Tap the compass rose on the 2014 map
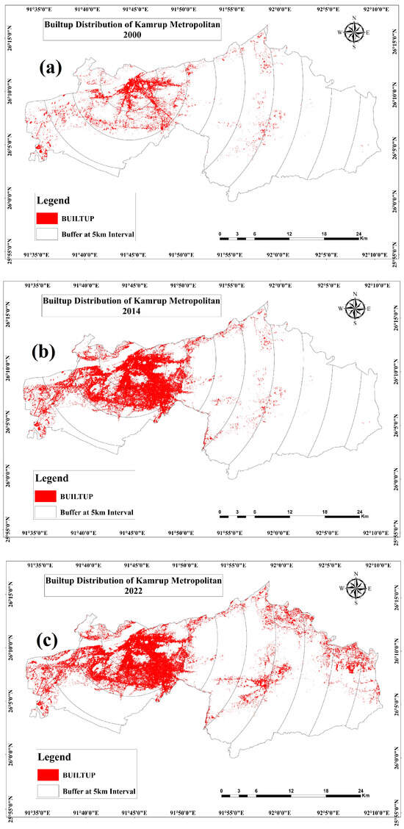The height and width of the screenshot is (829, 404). point(355,308)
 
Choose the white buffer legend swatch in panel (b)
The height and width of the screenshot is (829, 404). point(49,511)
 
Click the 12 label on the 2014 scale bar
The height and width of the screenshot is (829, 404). point(289,512)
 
